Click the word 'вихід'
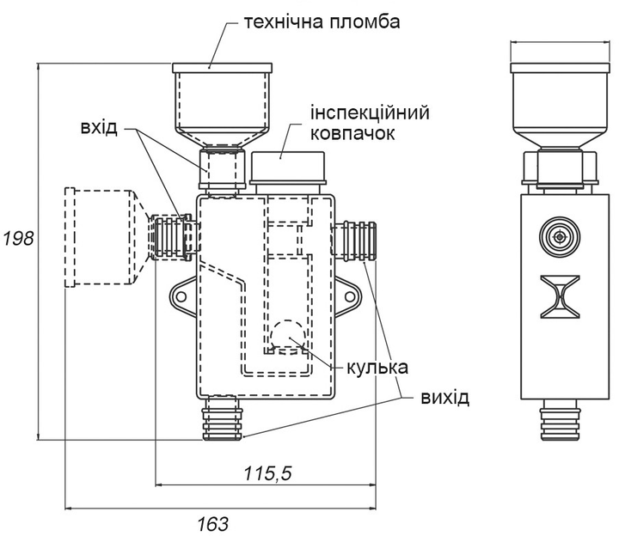(x=445, y=398)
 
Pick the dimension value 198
(x=17, y=239)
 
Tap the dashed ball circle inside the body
(x=286, y=335)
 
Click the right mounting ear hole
(x=349, y=295)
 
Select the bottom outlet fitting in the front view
(x=223, y=417)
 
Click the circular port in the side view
(x=560, y=236)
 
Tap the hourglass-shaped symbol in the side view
(x=560, y=294)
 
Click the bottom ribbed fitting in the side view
(x=560, y=421)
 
